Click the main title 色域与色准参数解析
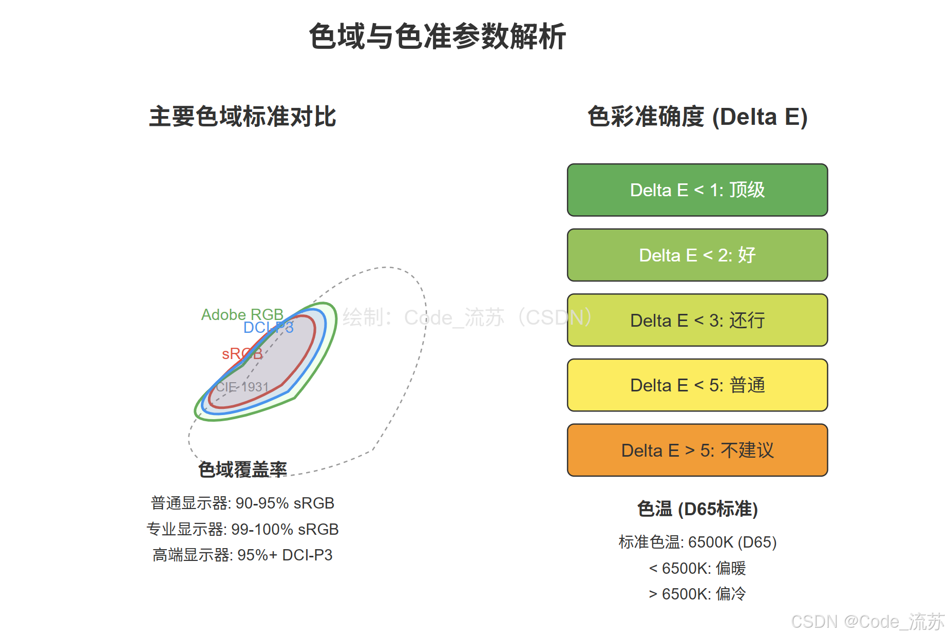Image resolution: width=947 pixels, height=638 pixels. [x=437, y=36]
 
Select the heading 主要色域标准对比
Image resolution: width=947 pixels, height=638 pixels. [x=242, y=117]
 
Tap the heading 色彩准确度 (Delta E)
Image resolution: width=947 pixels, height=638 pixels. [x=697, y=117]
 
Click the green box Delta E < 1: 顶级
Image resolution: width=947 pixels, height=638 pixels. [x=697, y=190]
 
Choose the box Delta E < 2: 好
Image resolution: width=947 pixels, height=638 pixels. [x=697, y=255]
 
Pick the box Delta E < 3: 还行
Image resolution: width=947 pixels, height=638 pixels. [x=697, y=320]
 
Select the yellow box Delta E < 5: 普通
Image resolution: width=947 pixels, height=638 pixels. [x=697, y=385]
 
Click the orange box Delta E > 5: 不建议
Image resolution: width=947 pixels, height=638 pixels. [x=697, y=450]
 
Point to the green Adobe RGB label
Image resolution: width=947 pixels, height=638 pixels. [x=242, y=314]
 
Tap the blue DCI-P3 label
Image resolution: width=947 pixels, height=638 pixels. [x=268, y=327]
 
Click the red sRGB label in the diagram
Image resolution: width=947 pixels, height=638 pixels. [x=242, y=353]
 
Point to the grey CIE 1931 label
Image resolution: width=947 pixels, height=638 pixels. [x=242, y=386]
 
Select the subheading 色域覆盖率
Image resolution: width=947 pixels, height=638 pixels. [x=242, y=469]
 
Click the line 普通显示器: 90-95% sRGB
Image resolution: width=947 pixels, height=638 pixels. [x=242, y=503]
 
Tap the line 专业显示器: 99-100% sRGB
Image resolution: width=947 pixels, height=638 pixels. [x=242, y=529]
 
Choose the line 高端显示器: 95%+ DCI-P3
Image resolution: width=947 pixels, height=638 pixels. [x=242, y=555]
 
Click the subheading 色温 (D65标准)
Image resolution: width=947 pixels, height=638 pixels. [x=697, y=509]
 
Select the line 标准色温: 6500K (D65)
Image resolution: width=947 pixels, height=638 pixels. [x=697, y=542]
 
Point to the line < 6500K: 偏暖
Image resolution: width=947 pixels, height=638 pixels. [x=697, y=568]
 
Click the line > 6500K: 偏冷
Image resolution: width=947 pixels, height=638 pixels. [x=697, y=594]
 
